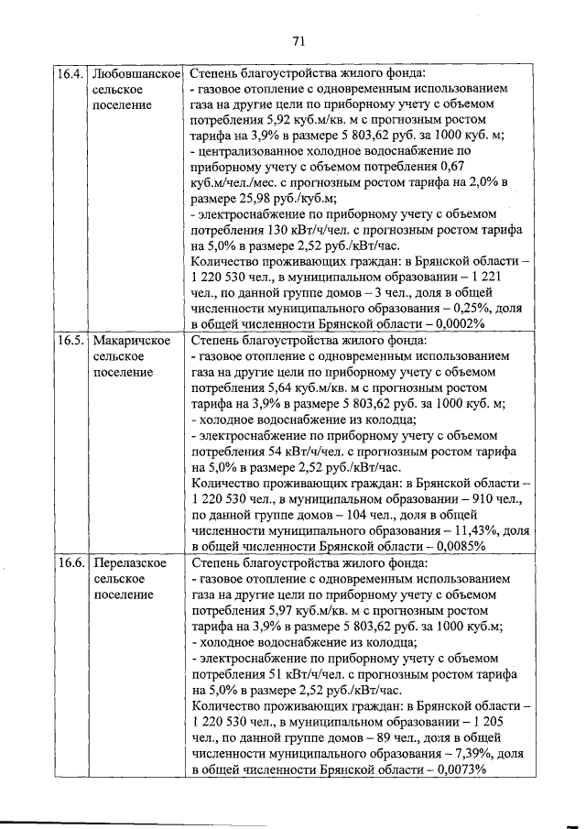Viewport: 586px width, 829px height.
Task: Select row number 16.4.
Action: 71,73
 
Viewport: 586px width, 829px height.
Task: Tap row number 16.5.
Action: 71,341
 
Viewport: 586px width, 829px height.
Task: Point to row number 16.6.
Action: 71,562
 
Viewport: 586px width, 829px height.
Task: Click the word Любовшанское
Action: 136,73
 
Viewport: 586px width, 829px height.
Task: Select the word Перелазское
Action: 130,562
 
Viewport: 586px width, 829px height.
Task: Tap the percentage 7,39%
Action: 462,753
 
